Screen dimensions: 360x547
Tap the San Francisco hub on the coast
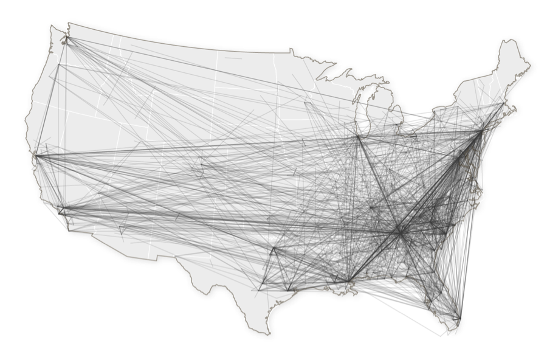[x=36, y=156]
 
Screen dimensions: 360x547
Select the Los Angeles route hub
[x=61, y=210]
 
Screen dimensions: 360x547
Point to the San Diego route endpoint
[x=68, y=230]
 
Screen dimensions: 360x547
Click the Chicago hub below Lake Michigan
[x=359, y=137]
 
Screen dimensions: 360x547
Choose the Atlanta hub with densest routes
[x=399, y=231]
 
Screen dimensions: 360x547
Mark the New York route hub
[x=481, y=131]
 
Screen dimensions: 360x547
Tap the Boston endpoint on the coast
[x=503, y=104]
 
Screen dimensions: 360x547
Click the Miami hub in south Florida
[x=459, y=318]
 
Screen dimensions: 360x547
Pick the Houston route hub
[x=289, y=289]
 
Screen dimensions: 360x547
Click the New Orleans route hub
[x=349, y=281]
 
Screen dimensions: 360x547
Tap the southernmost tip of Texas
[x=267, y=333]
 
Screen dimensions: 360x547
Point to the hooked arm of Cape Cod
[x=514, y=109]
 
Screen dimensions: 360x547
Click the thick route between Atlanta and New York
[x=440, y=181]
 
